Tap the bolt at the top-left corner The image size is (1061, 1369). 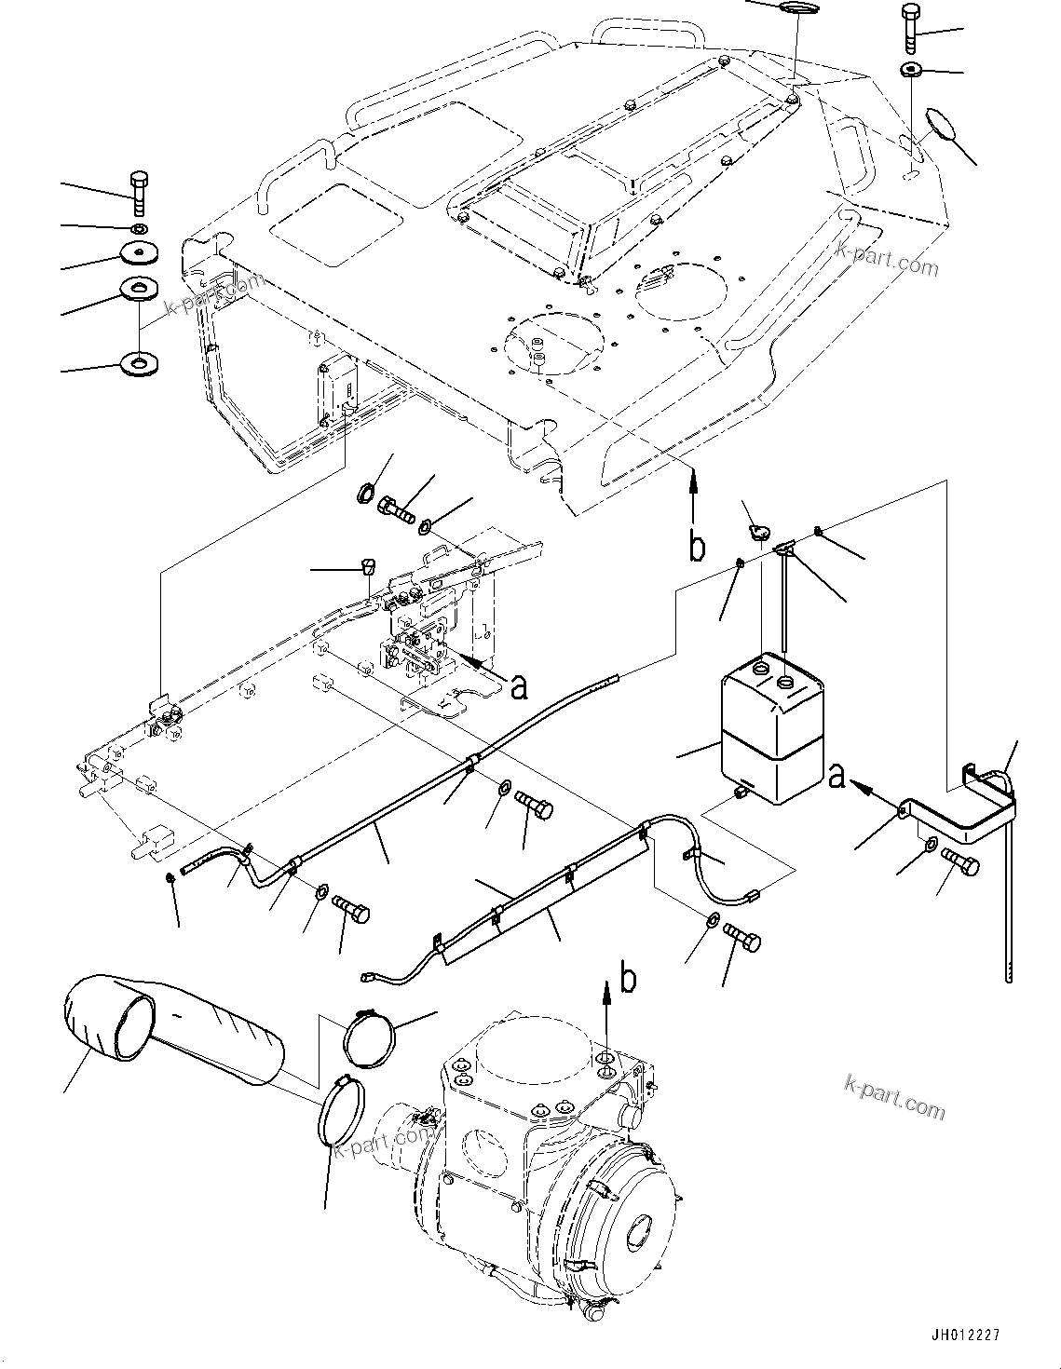click(138, 191)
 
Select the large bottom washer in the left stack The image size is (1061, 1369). click(139, 360)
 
